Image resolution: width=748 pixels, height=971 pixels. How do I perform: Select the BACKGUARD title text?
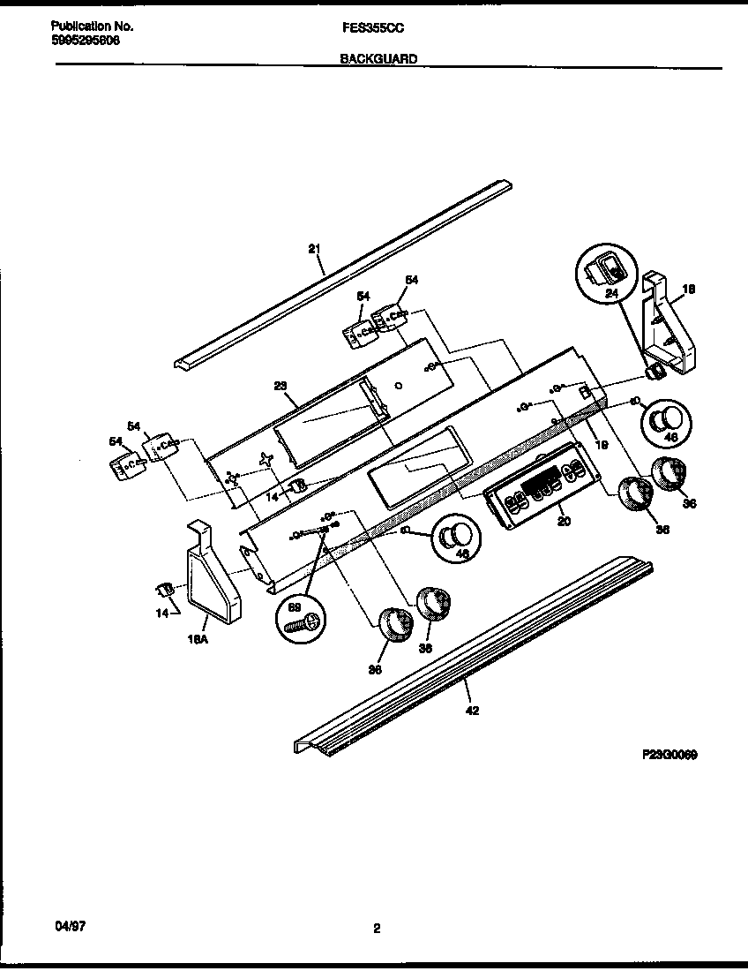[x=378, y=59]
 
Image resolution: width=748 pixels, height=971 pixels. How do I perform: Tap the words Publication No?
[x=86, y=27]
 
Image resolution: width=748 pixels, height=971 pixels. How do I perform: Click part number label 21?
[x=314, y=249]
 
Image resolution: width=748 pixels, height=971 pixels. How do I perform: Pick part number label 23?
[x=280, y=385]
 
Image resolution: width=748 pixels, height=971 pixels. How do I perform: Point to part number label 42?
[x=472, y=711]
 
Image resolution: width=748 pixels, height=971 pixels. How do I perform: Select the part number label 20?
[x=565, y=521]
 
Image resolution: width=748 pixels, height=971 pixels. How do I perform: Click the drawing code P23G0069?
[x=670, y=756]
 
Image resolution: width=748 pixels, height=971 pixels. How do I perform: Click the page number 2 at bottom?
[x=376, y=928]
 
